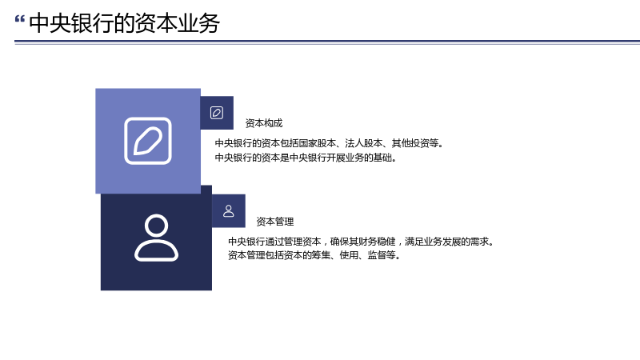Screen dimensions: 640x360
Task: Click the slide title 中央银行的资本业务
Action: click(x=125, y=23)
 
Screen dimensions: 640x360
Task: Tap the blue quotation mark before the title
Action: click(x=19, y=19)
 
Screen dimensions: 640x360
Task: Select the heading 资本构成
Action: click(x=264, y=123)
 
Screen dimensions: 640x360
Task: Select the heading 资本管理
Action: click(x=275, y=222)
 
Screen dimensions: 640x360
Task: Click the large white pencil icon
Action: click(x=148, y=141)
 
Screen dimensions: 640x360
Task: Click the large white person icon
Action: click(x=156, y=238)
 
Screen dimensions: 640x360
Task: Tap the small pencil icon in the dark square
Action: click(x=217, y=113)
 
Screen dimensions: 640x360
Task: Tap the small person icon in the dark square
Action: click(x=229, y=211)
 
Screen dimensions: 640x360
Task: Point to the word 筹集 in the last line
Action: click(x=322, y=255)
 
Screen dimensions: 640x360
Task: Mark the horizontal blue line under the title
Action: click(x=327, y=42)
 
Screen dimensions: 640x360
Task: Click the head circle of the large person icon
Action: click(x=156, y=226)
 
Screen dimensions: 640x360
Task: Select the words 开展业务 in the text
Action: click(x=346, y=158)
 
